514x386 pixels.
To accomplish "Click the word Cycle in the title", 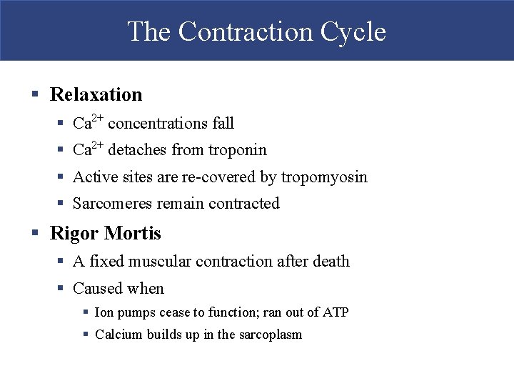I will [x=353, y=32].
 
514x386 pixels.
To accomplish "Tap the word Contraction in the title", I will [x=245, y=32].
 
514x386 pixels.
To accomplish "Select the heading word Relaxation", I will [x=96, y=94].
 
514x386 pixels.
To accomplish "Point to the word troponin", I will [x=238, y=150].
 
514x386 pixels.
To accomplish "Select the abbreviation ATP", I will [x=336, y=312].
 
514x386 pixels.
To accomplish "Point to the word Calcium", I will [x=118, y=335].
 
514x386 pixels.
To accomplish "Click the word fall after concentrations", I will [x=223, y=124].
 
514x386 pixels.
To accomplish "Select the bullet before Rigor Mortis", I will [x=34, y=234].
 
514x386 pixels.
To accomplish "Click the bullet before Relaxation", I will [x=34, y=94].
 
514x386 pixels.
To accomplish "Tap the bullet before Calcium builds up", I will [x=86, y=335].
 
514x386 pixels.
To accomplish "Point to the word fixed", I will [x=106, y=262].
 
